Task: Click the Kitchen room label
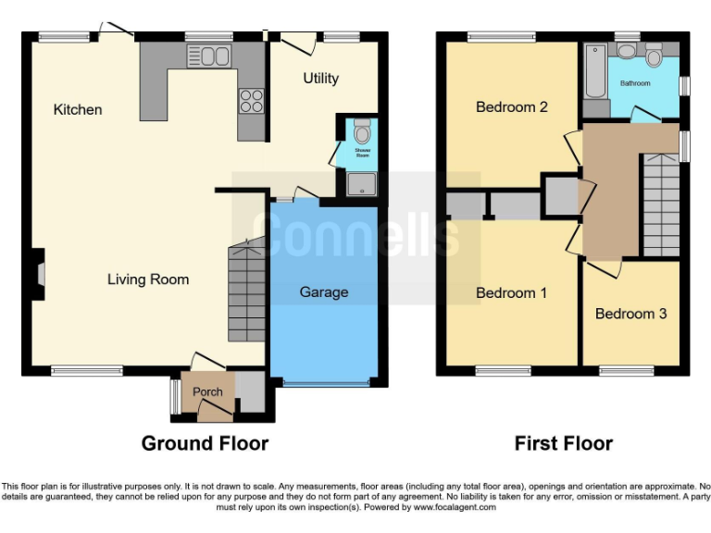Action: coord(78,110)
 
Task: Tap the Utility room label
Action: coord(321,79)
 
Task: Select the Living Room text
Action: coord(148,279)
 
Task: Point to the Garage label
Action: coord(324,292)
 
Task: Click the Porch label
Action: coord(207,391)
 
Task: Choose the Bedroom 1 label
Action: coord(511,293)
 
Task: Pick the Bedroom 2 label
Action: coord(512,107)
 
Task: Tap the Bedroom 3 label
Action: coord(630,314)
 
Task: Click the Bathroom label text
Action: coord(635,83)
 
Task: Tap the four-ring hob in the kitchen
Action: coord(252,100)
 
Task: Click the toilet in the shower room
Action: coord(362,128)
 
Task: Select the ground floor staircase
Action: coord(247,291)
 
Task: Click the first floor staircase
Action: coord(661,205)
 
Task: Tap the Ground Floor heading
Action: coord(205,443)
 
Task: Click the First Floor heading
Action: coord(563,443)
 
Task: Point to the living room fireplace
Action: coord(38,275)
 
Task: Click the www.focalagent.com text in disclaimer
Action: coord(457,507)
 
